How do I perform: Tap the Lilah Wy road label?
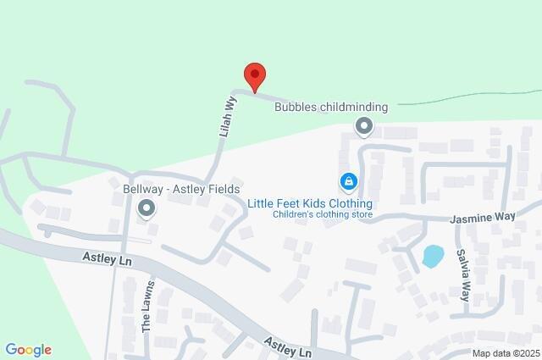coord(227,115)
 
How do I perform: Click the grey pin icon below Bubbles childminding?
coord(364,127)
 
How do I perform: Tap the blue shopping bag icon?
coord(348,181)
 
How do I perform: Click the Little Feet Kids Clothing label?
coord(309,203)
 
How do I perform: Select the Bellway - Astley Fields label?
coord(170,188)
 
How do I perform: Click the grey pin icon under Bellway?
coord(147,208)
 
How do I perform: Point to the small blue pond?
coord(432,255)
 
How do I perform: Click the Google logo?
coord(28,350)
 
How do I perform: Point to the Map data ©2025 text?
coord(505,353)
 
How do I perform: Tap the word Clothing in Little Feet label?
coord(348,203)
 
